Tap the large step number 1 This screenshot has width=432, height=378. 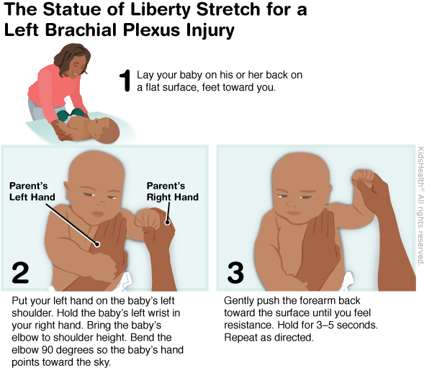[x=125, y=81]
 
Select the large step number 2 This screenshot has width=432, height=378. [x=20, y=273]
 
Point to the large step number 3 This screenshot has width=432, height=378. [x=235, y=273]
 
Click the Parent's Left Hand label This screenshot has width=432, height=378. [x=32, y=192]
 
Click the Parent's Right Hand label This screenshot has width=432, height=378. [x=173, y=192]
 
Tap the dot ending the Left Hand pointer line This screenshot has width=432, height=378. [x=96, y=244]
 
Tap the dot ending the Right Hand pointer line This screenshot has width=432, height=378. [x=167, y=222]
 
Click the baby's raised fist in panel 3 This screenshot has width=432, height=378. [x=363, y=179]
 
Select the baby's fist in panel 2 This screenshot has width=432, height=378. [x=147, y=220]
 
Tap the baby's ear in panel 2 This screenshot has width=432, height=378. [x=68, y=189]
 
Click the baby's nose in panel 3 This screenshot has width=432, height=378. [x=290, y=204]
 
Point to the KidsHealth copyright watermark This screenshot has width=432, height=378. [x=420, y=206]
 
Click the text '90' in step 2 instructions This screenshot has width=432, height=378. [x=48, y=350]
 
